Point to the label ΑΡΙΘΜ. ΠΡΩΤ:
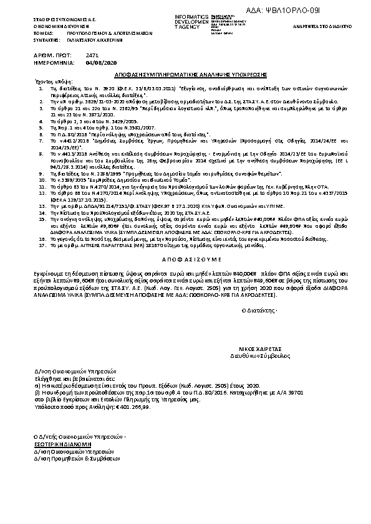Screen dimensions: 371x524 [x=48, y=55]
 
